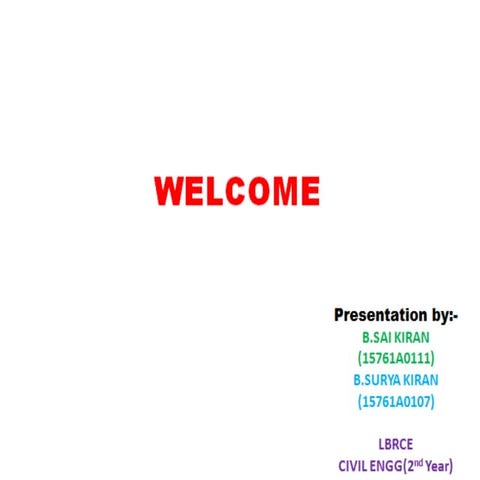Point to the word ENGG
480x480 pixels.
pos(388,465)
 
